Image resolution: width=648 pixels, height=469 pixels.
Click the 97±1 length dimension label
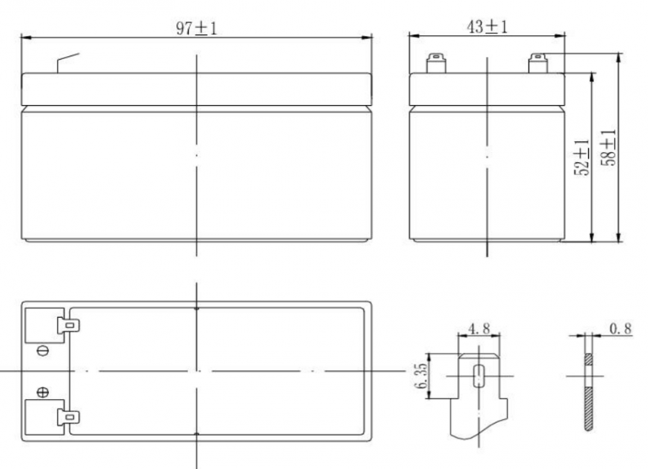tap(197, 29)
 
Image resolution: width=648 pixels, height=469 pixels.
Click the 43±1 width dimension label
tap(487, 27)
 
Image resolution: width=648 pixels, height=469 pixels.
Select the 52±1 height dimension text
tap(582, 157)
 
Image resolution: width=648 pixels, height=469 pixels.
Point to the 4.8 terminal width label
tap(479, 329)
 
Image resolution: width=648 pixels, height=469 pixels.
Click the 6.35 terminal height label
tap(421, 376)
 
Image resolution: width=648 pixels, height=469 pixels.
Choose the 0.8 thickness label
tap(621, 329)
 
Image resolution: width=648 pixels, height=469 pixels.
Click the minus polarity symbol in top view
tap(43, 351)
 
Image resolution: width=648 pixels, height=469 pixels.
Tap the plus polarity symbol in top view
tap(43, 392)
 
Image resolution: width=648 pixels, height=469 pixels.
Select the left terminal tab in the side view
tap(436, 63)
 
